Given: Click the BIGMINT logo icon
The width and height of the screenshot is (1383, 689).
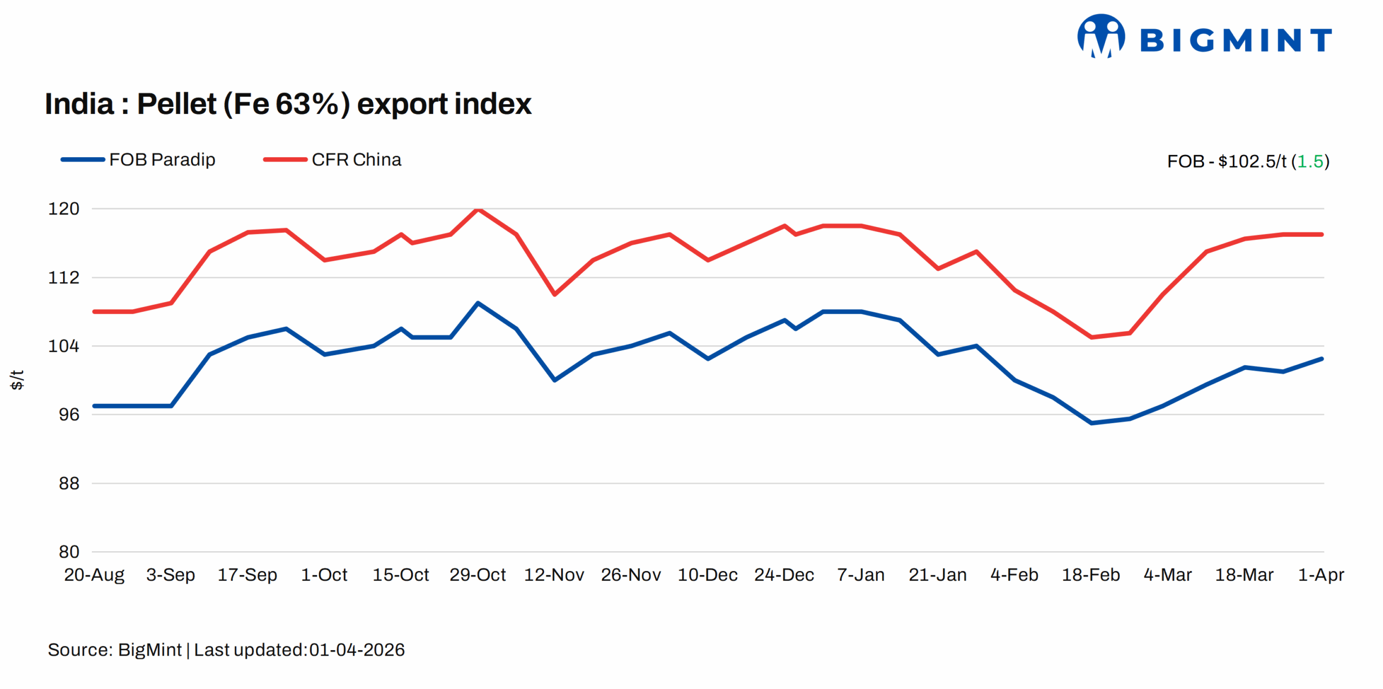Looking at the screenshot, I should (x=1100, y=36).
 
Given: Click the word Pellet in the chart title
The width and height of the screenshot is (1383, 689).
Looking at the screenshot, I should (x=176, y=104).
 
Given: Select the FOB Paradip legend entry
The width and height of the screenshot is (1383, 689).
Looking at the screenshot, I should (x=138, y=160).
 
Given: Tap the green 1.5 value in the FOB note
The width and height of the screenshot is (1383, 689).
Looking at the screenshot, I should (x=1310, y=162).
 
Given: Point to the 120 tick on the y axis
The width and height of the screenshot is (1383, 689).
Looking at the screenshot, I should (x=64, y=209).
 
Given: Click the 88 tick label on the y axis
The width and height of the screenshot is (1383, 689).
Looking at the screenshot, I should (x=69, y=484).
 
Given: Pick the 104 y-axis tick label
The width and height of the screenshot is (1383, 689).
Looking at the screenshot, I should (x=64, y=346).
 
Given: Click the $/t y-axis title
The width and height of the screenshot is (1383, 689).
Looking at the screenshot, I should (x=17, y=380).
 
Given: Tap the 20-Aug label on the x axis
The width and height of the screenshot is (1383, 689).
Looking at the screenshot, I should (x=94, y=575).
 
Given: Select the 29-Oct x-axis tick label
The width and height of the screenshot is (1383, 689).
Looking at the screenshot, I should (x=478, y=575).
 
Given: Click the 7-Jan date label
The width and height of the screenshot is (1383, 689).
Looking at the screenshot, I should (x=861, y=575).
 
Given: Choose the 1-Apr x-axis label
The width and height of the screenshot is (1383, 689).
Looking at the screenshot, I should (x=1321, y=575).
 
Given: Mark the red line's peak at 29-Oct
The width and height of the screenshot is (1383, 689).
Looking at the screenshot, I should (x=478, y=209).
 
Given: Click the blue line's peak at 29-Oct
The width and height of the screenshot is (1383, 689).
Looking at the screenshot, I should (x=478, y=303).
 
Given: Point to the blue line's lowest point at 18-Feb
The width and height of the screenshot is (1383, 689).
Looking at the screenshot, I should (x=1091, y=423).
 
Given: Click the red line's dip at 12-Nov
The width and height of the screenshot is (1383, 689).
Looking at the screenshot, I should (x=554, y=295).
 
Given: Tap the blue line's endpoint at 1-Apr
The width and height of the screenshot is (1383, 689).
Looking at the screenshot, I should (x=1321, y=359).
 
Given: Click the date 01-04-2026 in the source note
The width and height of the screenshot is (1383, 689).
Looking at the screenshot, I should (x=357, y=650).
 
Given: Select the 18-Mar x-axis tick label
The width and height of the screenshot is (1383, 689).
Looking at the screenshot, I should (x=1244, y=575).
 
